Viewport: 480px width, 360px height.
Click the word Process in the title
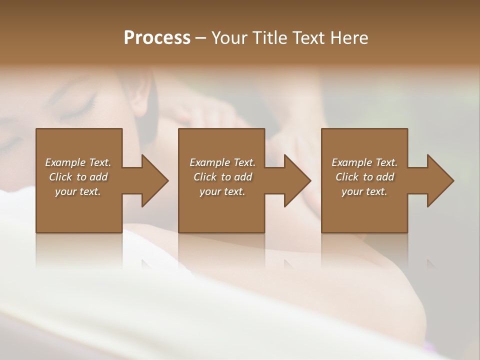click(157, 37)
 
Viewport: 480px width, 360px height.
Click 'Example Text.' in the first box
click(78, 162)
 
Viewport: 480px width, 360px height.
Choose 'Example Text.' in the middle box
click(222, 162)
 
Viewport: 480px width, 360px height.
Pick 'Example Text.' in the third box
click(364, 162)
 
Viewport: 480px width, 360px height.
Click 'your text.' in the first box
click(78, 191)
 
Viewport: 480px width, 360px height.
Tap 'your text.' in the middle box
click(222, 191)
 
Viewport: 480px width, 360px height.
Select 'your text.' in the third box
click(364, 191)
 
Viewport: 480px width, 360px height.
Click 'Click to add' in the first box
click(78, 177)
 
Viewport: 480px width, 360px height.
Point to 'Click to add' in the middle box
click(222, 177)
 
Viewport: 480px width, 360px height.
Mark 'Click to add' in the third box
click(364, 177)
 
